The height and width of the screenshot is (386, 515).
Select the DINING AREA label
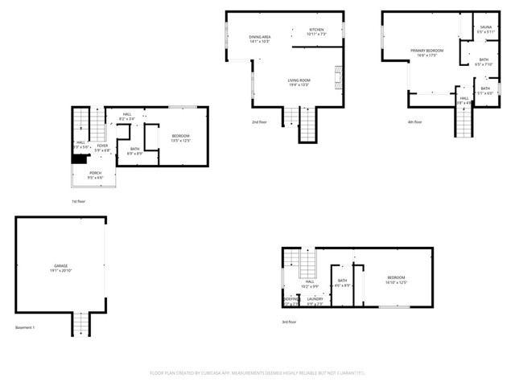click(x=259, y=37)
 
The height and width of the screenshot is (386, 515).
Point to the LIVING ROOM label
click(x=299, y=80)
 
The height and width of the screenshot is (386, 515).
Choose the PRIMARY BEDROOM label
click(x=426, y=51)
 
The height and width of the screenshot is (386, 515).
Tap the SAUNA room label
click(x=485, y=27)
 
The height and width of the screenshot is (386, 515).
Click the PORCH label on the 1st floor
click(x=96, y=173)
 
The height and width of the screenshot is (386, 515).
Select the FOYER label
click(x=102, y=146)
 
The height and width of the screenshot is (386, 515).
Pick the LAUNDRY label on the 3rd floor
click(x=315, y=298)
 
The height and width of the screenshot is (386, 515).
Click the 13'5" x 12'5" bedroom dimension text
click(x=180, y=141)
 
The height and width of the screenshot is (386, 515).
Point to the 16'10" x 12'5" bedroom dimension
click(x=397, y=283)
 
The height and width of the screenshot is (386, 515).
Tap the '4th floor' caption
click(x=414, y=122)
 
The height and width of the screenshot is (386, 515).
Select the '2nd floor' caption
click(x=259, y=122)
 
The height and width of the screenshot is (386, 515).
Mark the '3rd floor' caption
click(x=290, y=322)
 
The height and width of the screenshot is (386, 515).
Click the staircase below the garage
click(x=80, y=325)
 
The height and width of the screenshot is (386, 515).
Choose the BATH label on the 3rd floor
click(x=342, y=281)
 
